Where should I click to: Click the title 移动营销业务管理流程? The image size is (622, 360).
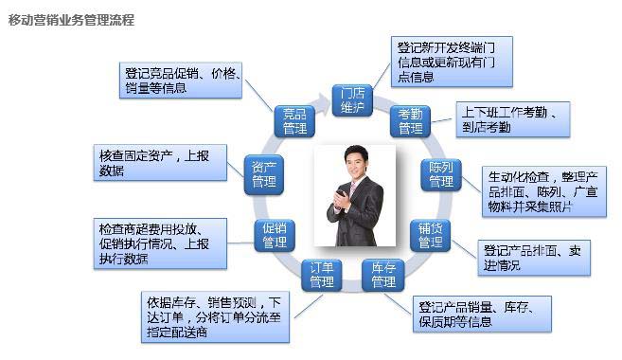(71, 19)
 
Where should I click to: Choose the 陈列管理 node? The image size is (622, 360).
(441, 175)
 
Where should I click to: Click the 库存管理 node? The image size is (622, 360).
(382, 275)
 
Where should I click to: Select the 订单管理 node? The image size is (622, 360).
(322, 276)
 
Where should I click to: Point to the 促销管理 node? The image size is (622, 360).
(275, 236)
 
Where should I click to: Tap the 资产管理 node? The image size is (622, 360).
(263, 175)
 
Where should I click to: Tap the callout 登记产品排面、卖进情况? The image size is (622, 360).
(533, 257)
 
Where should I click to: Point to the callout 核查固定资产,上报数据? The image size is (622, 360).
(160, 163)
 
